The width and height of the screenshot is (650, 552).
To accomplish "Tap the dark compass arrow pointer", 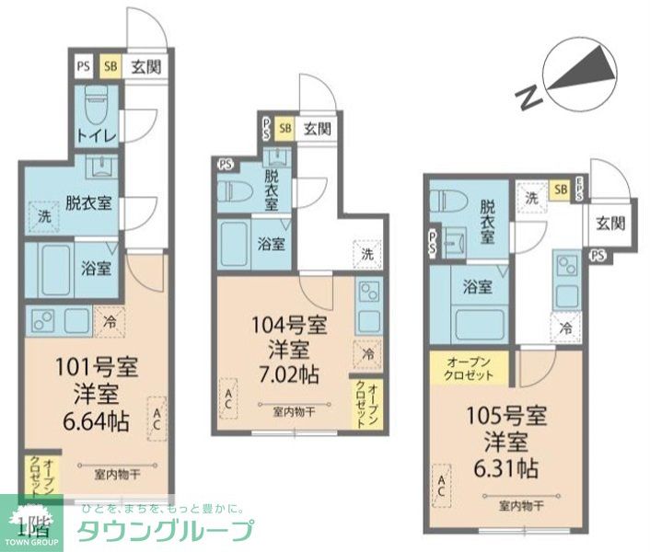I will click(582, 71).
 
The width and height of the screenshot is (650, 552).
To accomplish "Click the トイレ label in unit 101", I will click(96, 136).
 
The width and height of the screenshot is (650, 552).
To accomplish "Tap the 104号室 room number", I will click(288, 324).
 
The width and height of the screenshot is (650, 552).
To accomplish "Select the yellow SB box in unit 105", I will click(559, 190).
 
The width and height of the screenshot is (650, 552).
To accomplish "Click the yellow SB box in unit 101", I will click(110, 66).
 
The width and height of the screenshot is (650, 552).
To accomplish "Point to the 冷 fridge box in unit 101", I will click(109, 321).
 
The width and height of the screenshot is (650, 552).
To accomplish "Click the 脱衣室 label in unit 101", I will click(87, 202).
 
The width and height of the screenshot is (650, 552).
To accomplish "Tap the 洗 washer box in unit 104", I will click(367, 254).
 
